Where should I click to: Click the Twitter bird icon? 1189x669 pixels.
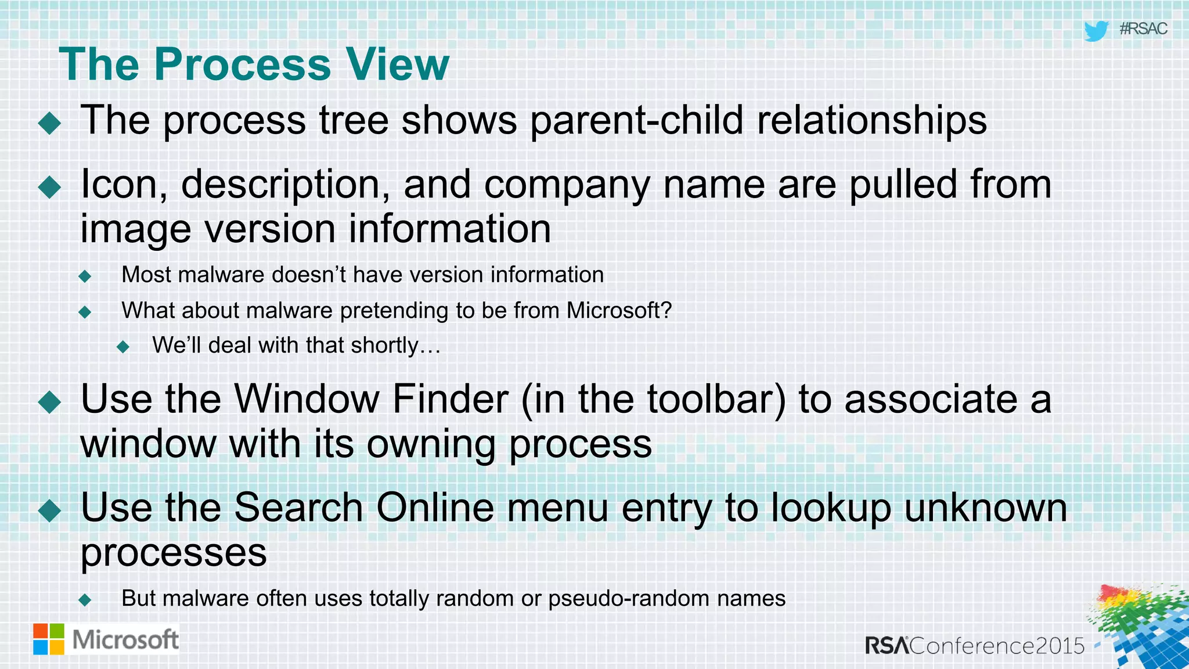pos(1096,31)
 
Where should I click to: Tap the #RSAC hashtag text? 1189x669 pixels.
pos(1143,29)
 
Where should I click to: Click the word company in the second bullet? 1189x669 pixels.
pos(567,185)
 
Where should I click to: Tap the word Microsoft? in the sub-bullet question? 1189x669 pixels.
pos(619,310)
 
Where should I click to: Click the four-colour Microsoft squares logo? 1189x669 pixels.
pos(49,639)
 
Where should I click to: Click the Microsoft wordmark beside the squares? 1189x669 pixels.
pos(125,640)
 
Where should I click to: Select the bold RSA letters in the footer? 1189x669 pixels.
pos(887,646)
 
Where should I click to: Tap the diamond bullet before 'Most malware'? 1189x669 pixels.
pos(85,276)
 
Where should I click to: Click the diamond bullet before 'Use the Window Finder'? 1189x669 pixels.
pos(50,402)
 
